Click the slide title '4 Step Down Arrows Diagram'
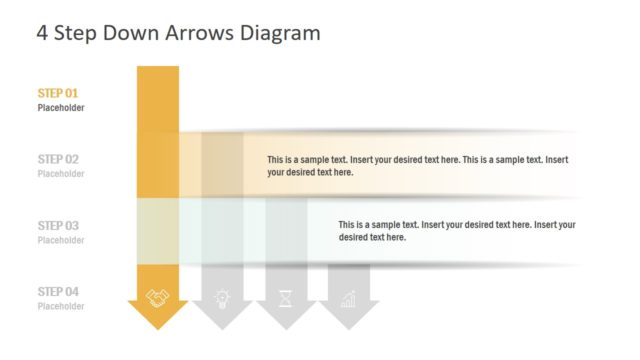click(178, 33)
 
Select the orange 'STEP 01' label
click(58, 93)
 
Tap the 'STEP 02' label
click(58, 159)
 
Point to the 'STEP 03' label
click(58, 226)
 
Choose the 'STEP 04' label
click(58, 292)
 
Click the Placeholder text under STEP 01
click(61, 108)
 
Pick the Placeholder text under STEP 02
click(61, 174)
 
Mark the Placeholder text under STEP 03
click(61, 240)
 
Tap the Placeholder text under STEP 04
click(61, 306)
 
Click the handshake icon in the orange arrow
click(158, 297)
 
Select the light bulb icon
click(222, 297)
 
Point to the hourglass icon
click(285, 297)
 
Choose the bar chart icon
click(348, 297)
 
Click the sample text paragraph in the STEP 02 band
click(418, 166)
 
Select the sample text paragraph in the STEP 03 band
click(456, 231)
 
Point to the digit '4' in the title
click(42, 33)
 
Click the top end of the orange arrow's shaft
click(158, 70)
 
